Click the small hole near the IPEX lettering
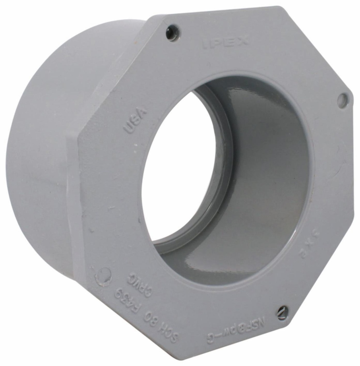pyautogui.click(x=173, y=33)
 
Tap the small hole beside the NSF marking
pyautogui.click(x=282, y=312)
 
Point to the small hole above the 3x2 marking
pyautogui.click(x=342, y=100)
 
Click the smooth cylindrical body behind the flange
pyautogui.click(x=39, y=161)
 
